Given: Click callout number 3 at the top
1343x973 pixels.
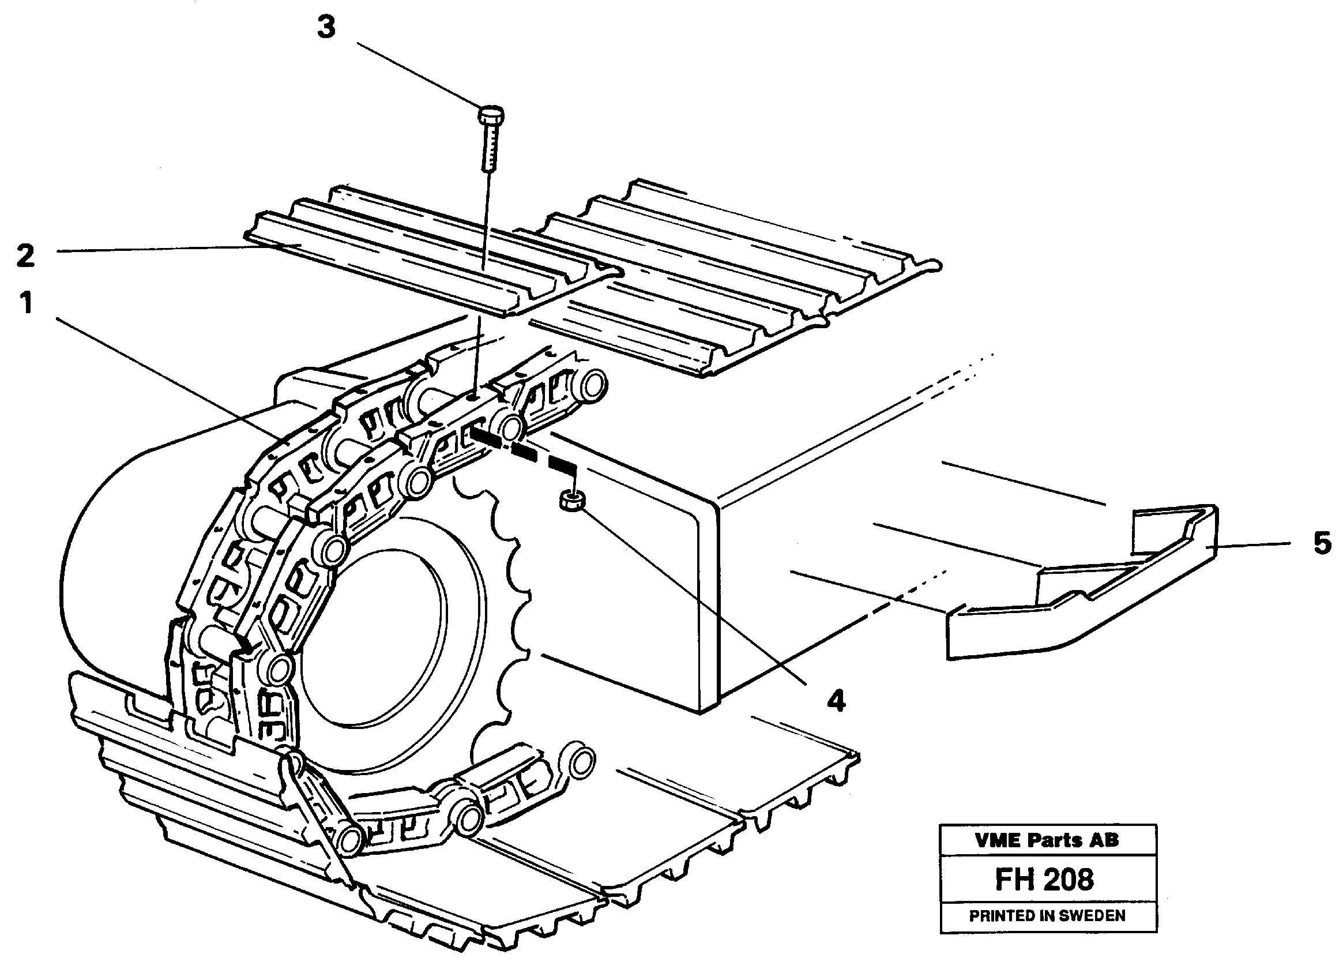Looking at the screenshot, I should [x=326, y=28].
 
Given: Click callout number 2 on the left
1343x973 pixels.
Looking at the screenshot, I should [x=25, y=256].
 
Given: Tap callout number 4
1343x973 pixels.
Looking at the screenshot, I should [x=836, y=701].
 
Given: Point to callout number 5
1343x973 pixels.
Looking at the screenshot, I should [x=1322, y=543].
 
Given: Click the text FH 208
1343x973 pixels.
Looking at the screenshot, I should [x=1044, y=880].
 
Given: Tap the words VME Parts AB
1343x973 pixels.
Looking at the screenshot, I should [x=1047, y=840].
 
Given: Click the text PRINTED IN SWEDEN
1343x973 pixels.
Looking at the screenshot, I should [x=1047, y=915].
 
